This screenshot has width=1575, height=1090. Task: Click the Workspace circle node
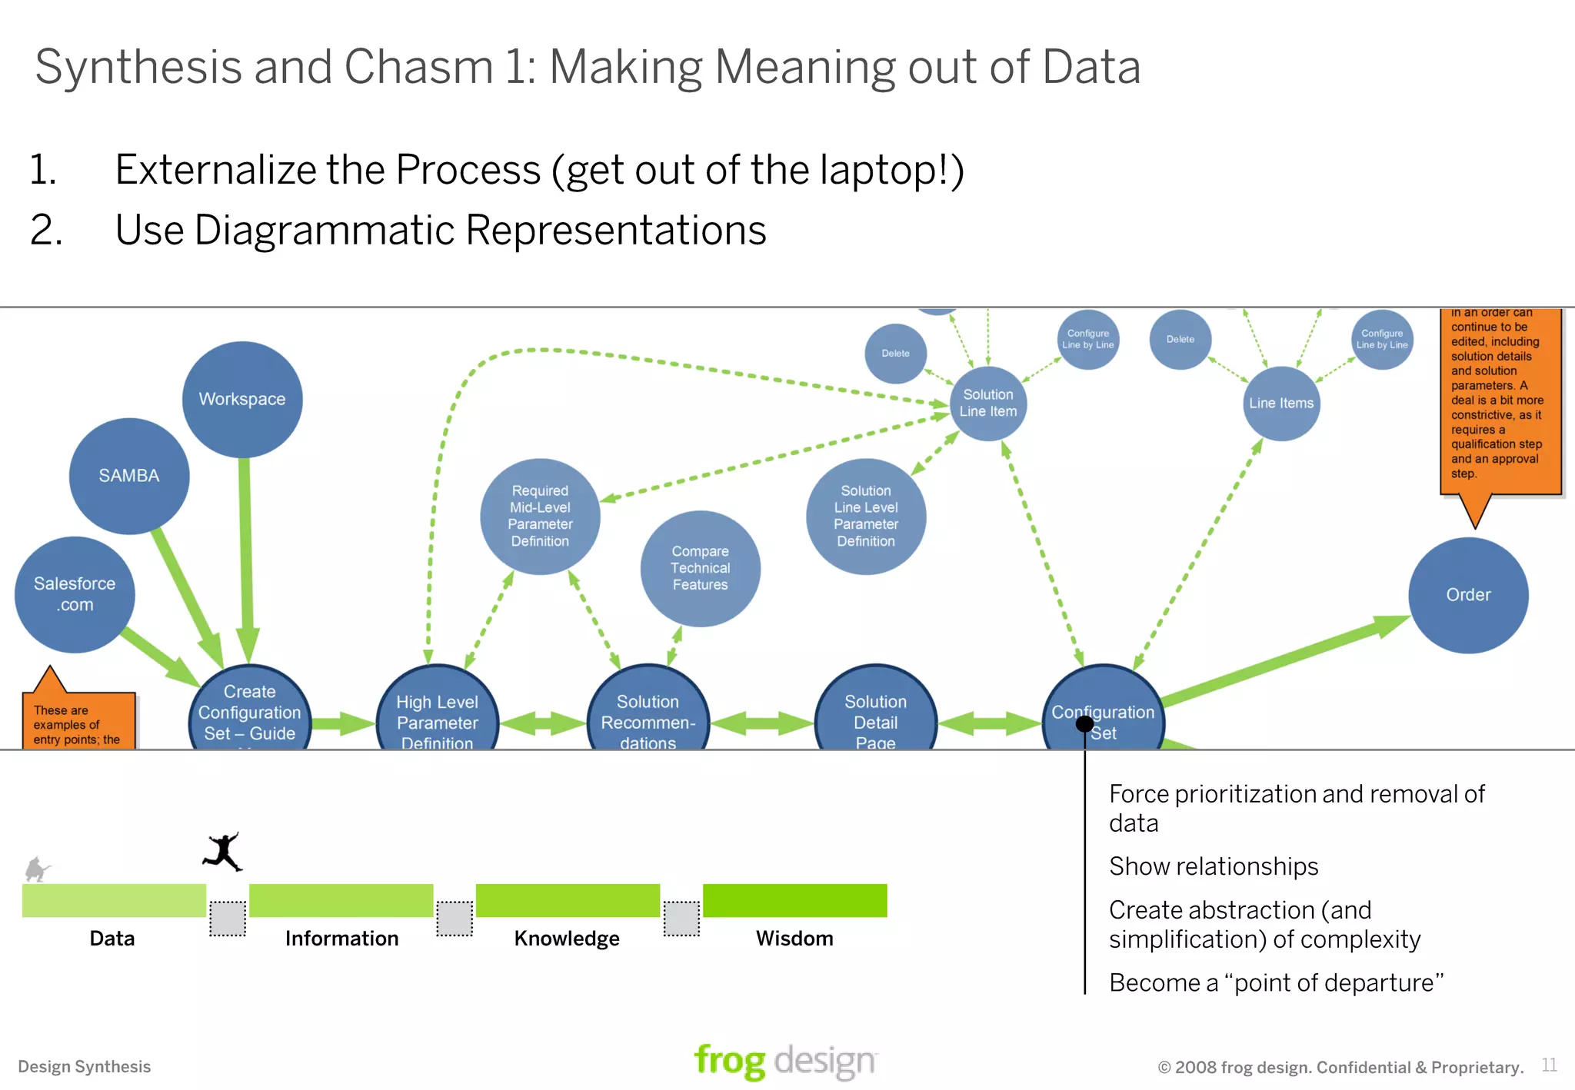[x=242, y=400]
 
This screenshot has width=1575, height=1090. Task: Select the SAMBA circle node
[x=129, y=476]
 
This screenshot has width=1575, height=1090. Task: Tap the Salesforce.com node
[x=75, y=594]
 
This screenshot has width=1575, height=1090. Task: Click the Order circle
[x=1468, y=595]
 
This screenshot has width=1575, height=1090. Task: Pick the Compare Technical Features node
[x=700, y=568]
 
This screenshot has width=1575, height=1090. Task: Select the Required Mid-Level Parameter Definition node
[x=540, y=516]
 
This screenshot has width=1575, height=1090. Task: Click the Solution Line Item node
[x=988, y=403]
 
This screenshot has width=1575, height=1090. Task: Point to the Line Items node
[x=1281, y=403]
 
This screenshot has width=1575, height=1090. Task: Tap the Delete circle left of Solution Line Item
[x=895, y=354]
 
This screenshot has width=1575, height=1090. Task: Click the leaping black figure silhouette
[x=223, y=852]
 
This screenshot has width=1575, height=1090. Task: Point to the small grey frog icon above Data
[x=36, y=869]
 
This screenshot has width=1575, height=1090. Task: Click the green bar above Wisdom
[x=794, y=900]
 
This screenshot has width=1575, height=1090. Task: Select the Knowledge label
[x=567, y=939]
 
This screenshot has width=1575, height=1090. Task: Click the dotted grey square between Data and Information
[x=228, y=919]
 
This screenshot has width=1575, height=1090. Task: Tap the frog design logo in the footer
[x=784, y=1061]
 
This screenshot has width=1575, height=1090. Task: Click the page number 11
[x=1549, y=1065]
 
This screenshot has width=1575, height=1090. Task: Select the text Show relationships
[x=1214, y=866]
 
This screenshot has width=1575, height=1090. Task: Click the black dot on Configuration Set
[x=1084, y=723]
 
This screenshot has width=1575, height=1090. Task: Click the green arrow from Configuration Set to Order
[x=1284, y=660]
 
